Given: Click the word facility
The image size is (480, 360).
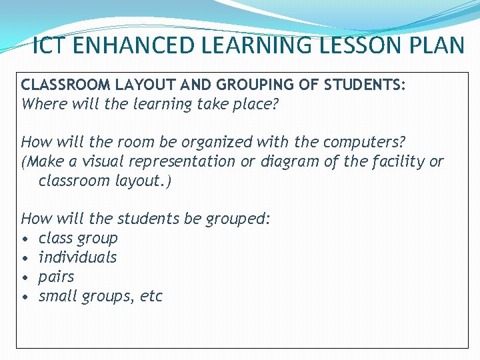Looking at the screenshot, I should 397,161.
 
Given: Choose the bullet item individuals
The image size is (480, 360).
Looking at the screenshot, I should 77,257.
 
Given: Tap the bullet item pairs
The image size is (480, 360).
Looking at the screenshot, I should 56,277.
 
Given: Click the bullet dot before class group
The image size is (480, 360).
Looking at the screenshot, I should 25,239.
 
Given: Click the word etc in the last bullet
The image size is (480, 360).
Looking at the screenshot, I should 151,296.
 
